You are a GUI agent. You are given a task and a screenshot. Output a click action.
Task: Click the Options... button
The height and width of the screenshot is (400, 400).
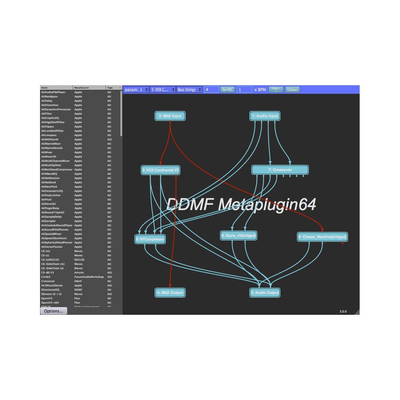coord(54,311)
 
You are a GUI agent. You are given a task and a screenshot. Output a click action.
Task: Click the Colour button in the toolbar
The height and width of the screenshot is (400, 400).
coord(292,90)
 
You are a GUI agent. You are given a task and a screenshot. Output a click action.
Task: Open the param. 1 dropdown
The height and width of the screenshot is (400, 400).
coord(136,90)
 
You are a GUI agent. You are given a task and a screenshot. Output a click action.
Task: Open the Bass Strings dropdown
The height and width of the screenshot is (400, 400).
coord(189,90)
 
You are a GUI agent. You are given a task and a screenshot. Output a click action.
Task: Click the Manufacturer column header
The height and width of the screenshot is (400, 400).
coord(89,88)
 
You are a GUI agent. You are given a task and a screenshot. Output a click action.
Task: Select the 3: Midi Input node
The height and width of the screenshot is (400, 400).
coord(170,116)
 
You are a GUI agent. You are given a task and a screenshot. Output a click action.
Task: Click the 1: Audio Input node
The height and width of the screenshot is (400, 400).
coord(264,116)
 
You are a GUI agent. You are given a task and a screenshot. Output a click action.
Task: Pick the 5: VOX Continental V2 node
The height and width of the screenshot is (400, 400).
coord(160,170)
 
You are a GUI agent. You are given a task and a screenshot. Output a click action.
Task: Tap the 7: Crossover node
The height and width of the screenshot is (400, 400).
coord(280,170)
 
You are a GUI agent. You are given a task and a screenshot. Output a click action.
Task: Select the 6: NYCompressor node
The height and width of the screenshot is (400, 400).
coord(150,239)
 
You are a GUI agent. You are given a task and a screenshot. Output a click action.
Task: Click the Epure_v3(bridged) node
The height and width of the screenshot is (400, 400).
coord(238,236)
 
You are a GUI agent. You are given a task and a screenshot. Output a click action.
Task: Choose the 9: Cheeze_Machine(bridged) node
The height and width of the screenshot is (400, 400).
coord(322,237)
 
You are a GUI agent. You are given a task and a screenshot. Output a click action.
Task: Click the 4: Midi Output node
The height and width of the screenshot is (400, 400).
coord(170,293)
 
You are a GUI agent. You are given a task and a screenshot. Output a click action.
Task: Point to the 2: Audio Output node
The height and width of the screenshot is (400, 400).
coord(264,293)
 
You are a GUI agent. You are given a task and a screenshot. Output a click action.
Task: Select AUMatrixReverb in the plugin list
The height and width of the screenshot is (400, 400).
coord(52,148)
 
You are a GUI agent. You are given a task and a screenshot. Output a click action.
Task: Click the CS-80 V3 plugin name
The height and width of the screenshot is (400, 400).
coord(48,272)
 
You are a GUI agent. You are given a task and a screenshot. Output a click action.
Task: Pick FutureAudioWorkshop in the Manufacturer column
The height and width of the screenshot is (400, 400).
coord(89,277)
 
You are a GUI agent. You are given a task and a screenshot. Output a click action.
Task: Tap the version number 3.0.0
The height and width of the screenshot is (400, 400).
coord(343,311)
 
